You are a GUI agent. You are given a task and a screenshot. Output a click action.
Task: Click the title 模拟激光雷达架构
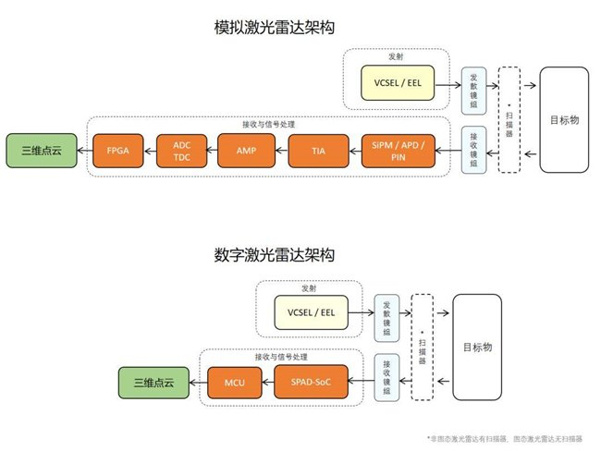point(274,29)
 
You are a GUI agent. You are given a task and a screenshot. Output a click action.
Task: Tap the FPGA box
point(117,149)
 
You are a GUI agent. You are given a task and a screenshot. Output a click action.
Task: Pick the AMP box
point(246,149)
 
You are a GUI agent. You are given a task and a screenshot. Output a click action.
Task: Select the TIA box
point(317,149)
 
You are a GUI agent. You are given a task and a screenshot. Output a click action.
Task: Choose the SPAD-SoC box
point(314,380)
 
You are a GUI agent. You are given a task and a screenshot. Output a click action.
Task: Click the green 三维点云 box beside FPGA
point(36,149)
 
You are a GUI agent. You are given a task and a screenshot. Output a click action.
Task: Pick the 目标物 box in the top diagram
point(565,118)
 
